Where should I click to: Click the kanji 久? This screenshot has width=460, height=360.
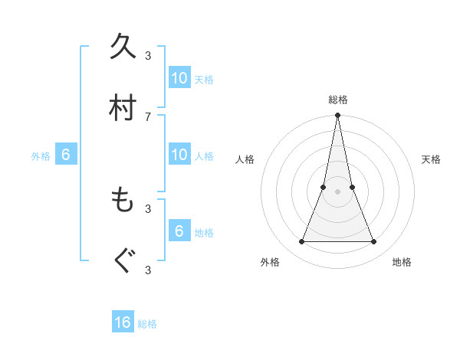[x=123, y=47]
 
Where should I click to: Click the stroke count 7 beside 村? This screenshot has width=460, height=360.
[x=148, y=116]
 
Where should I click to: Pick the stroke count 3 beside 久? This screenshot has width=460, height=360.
[x=148, y=55]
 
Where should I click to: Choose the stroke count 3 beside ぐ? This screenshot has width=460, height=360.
[x=148, y=270]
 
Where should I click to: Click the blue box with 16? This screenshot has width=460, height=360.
[x=123, y=322]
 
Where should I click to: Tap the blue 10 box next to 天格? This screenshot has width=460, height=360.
[x=179, y=78]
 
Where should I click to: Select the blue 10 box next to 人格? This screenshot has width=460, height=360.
[x=179, y=155]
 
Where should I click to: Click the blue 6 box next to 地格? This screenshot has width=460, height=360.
[x=179, y=231]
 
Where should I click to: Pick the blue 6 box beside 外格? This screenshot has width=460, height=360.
[x=66, y=155]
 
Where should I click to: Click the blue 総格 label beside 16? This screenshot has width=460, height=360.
[x=147, y=324]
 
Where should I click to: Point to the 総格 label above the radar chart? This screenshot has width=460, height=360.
[x=337, y=100]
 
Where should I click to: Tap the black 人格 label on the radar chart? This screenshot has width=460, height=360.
[x=245, y=159]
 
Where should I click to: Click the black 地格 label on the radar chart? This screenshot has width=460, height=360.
[x=402, y=262]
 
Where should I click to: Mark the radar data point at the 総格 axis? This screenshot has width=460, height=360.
[x=337, y=116]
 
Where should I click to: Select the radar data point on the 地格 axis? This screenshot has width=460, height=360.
[x=374, y=242]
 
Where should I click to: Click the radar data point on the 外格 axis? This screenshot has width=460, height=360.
[x=301, y=242]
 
